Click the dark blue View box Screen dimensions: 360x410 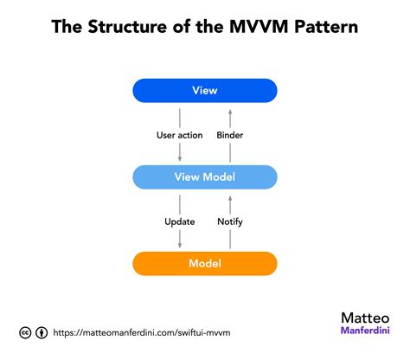pyautogui.click(x=205, y=90)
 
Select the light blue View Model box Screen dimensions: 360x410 pyautogui.click(x=205, y=177)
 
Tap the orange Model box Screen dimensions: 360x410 pyautogui.click(x=205, y=263)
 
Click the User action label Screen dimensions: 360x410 pyautogui.click(x=179, y=135)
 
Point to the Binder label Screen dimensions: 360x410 pyautogui.click(x=229, y=135)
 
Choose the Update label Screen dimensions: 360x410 pyautogui.click(x=179, y=222)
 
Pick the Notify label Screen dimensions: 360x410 pyautogui.click(x=230, y=222)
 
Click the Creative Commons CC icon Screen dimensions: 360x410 pyautogui.click(x=26, y=332)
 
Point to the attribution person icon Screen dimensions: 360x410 pyautogui.click(x=42, y=332)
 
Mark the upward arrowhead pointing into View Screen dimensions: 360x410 pyautogui.click(x=230, y=109)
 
